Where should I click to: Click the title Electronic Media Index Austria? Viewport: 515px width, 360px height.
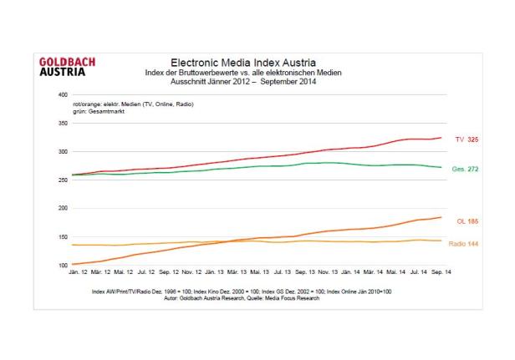(242, 63)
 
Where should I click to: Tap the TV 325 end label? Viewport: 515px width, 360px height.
(466, 139)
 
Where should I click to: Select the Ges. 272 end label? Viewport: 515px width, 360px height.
(464, 169)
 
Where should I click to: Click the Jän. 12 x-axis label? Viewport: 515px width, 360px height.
(78, 273)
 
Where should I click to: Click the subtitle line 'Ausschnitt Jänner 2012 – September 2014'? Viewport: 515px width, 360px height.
(243, 80)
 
